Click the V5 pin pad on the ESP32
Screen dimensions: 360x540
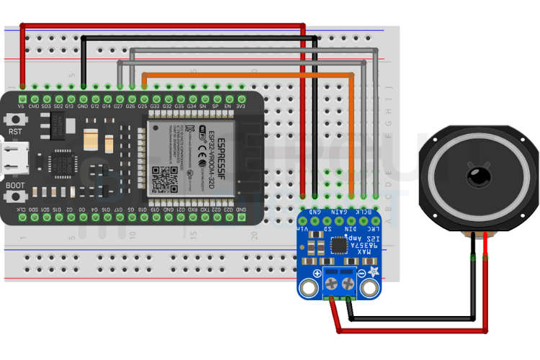[23, 97]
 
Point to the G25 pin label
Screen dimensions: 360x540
[144, 106]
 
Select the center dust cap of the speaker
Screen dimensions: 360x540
[478, 175]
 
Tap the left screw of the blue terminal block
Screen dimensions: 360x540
[332, 284]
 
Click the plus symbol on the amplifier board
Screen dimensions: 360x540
[316, 274]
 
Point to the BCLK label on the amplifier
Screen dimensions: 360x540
[366, 212]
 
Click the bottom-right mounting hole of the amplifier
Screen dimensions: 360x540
[370, 288]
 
